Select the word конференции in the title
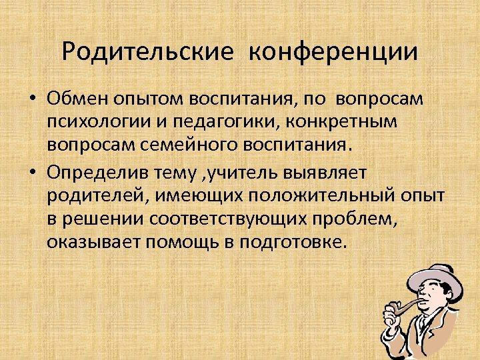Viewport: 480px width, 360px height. [333, 52]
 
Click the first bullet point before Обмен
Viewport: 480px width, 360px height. [33, 99]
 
